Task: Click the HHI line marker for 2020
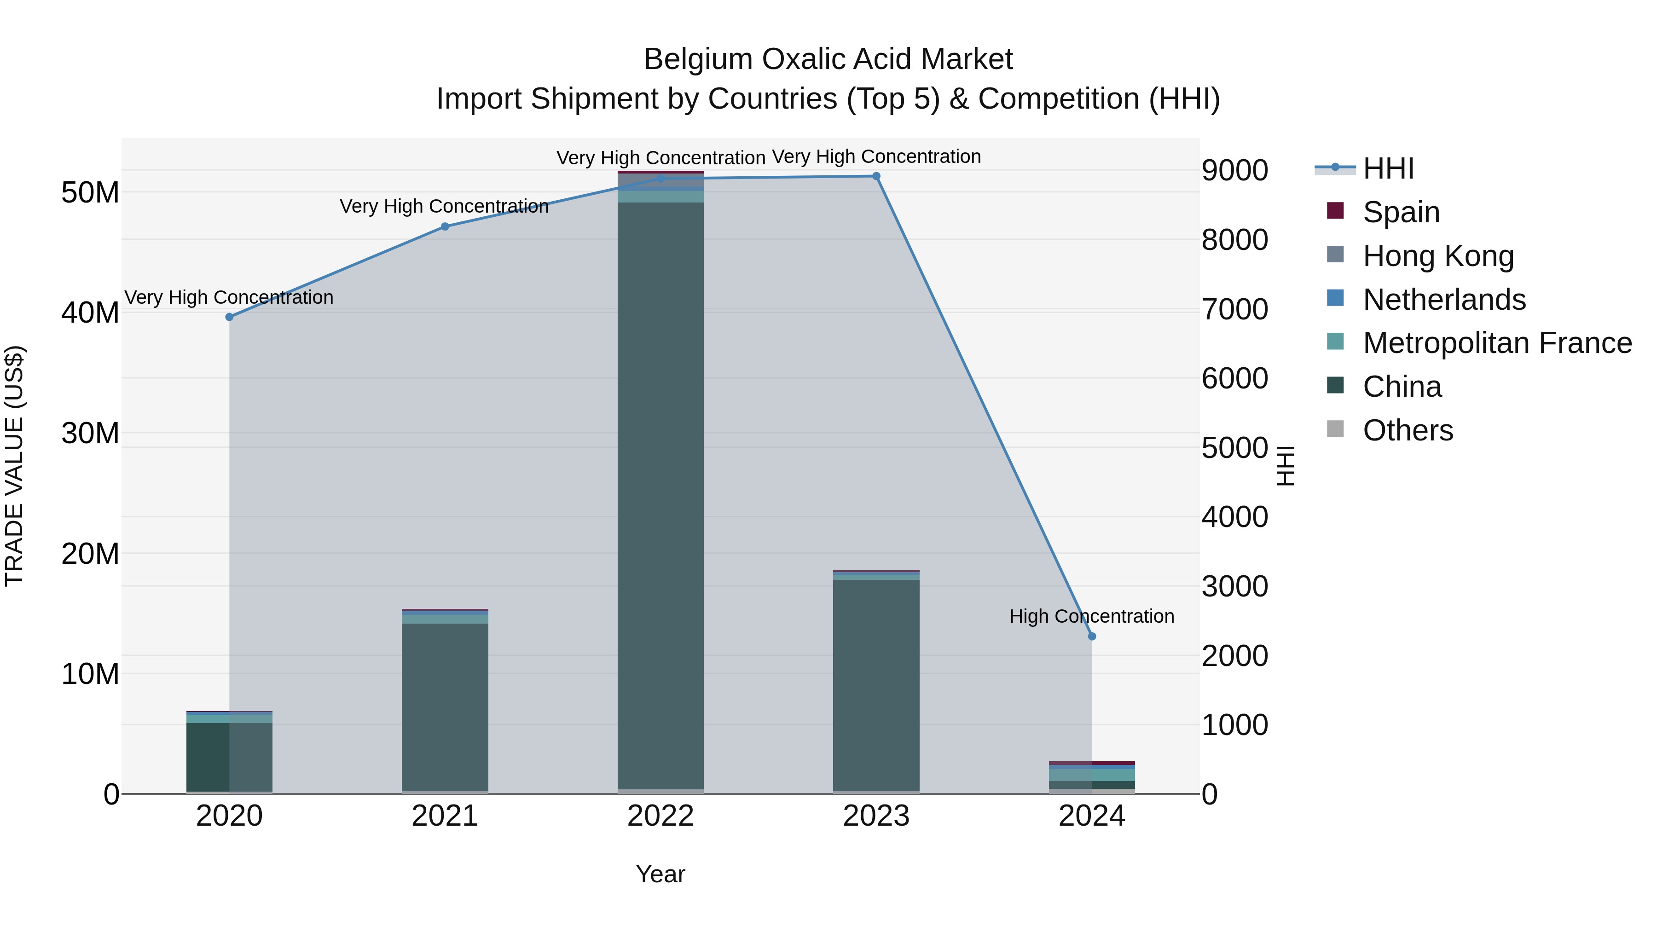click(229, 317)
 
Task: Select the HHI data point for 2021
click(445, 226)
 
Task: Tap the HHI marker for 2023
click(876, 176)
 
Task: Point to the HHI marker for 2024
click(1092, 636)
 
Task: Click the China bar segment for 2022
click(660, 495)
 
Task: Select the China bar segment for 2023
click(876, 685)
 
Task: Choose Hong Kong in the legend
click(1437, 256)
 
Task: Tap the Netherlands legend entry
click(1443, 300)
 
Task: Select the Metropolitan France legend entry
click(1497, 343)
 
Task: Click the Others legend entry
click(1408, 430)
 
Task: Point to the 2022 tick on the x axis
click(660, 816)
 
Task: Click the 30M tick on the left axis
click(90, 434)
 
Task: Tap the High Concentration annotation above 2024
click(1092, 616)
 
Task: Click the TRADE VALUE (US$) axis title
click(14, 466)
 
